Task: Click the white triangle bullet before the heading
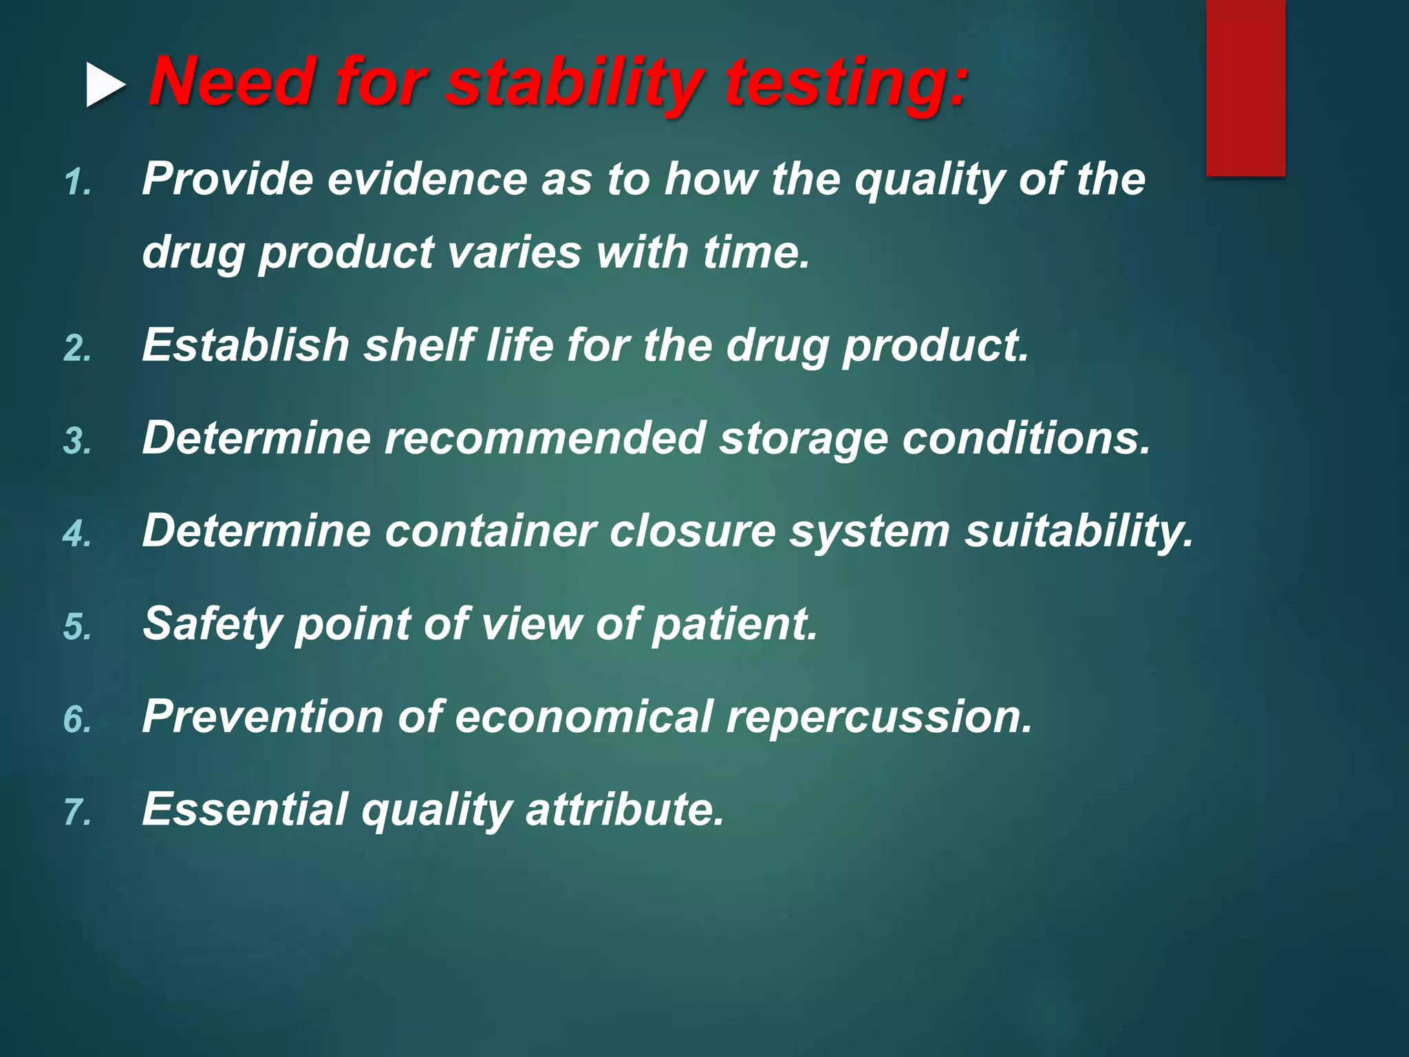tap(105, 85)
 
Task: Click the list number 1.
tap(77, 183)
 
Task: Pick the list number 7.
tap(77, 813)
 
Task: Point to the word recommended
tap(544, 438)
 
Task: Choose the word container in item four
tap(489, 531)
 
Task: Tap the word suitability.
tap(1078, 532)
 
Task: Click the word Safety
tap(213, 625)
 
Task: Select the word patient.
tap(734, 625)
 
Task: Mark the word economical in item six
tap(583, 717)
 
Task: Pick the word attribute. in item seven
tap(625, 809)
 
